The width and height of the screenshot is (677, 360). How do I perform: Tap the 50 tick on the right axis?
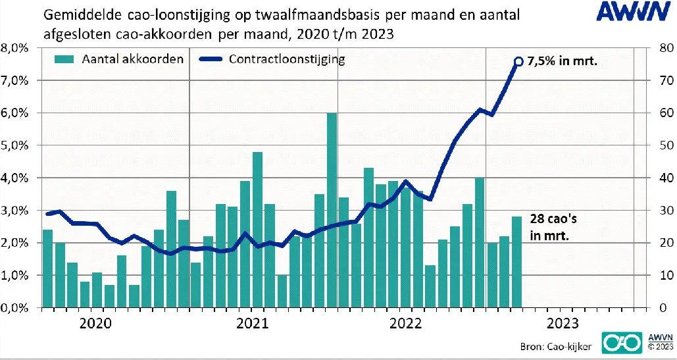[660, 145]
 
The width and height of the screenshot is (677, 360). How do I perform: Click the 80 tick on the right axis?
[660, 48]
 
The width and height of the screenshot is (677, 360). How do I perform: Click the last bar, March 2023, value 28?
[516, 262]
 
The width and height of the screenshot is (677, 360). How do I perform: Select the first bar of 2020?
[47, 269]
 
